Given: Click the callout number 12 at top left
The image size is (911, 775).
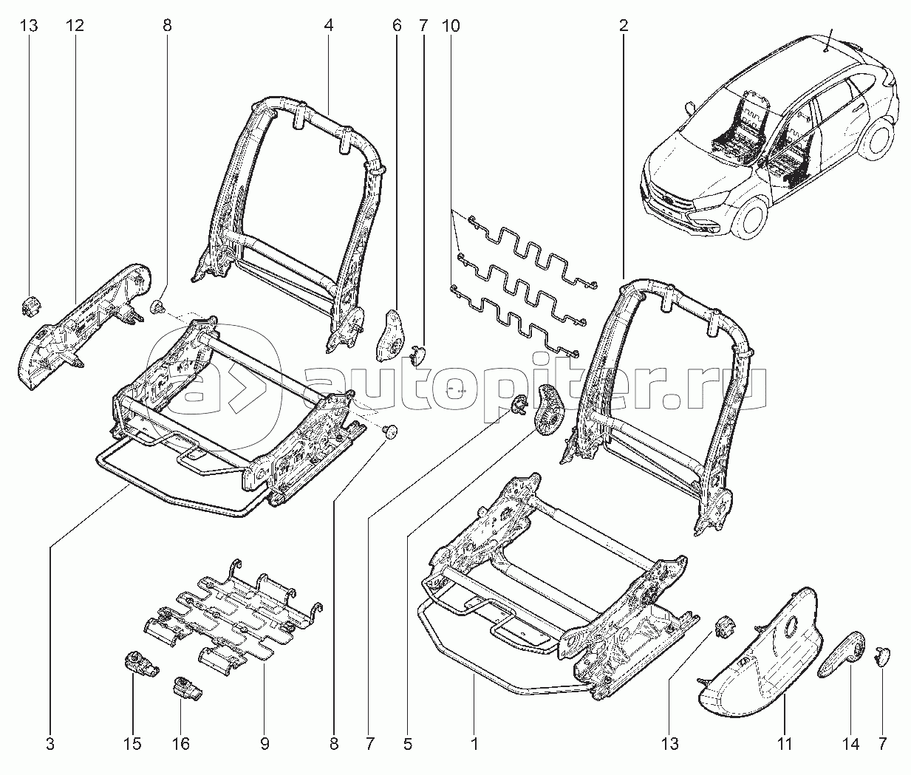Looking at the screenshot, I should (74, 26).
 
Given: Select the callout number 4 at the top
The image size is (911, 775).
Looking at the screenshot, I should (328, 26).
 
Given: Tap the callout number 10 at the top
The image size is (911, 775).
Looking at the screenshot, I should (451, 26).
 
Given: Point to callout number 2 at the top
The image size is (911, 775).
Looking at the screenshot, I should (624, 26).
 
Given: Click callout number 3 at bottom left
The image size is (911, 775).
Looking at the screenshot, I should (50, 744).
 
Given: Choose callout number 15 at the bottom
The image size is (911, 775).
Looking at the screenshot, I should (133, 744).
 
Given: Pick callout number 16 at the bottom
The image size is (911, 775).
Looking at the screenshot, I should (181, 744).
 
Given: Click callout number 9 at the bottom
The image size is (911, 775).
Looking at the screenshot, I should (263, 744).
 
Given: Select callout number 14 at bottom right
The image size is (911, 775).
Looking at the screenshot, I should (850, 744).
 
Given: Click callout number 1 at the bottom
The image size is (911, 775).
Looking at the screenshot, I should (474, 744).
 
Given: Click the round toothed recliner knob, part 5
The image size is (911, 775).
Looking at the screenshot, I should (549, 411).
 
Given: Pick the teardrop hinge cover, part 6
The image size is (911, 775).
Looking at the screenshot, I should (392, 336).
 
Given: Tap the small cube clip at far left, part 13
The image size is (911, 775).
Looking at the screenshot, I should (30, 304).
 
